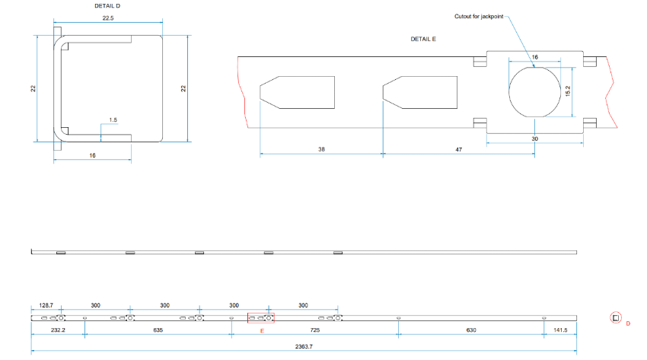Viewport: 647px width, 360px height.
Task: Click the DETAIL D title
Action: click(x=107, y=6)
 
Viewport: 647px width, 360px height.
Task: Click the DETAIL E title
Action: click(x=423, y=39)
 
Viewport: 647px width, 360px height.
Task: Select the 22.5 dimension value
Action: click(x=108, y=18)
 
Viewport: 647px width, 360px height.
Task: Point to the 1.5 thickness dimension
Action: click(x=113, y=120)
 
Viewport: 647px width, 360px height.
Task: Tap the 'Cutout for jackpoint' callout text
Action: click(x=479, y=17)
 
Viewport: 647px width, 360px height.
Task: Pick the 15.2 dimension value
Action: click(x=568, y=91)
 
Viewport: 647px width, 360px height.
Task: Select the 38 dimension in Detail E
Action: click(x=321, y=149)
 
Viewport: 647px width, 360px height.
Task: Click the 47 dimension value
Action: click(x=458, y=149)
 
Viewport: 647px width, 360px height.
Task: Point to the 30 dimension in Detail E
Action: click(x=535, y=139)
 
